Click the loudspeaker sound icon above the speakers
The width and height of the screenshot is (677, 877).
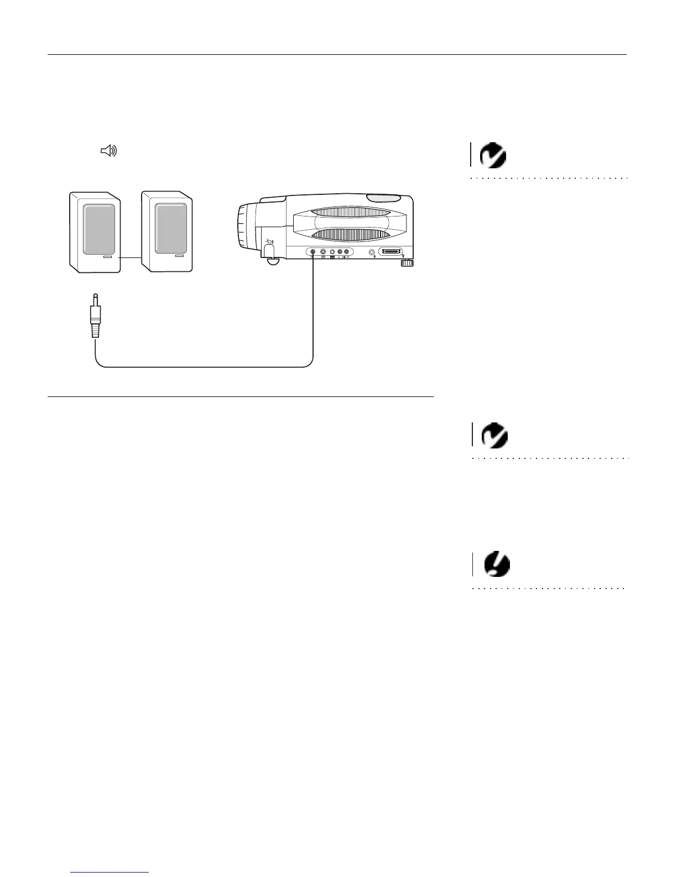tap(108, 151)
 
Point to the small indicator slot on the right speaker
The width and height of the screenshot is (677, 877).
tap(179, 257)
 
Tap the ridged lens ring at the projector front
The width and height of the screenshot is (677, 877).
tap(244, 228)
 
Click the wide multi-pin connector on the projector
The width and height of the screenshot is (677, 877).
tap(390, 252)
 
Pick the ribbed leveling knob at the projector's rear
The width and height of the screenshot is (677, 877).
tap(407, 263)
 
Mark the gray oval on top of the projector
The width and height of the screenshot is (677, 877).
tap(384, 198)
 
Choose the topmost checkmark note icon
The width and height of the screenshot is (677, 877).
tap(493, 156)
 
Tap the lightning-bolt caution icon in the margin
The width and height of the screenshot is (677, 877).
tap(496, 565)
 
